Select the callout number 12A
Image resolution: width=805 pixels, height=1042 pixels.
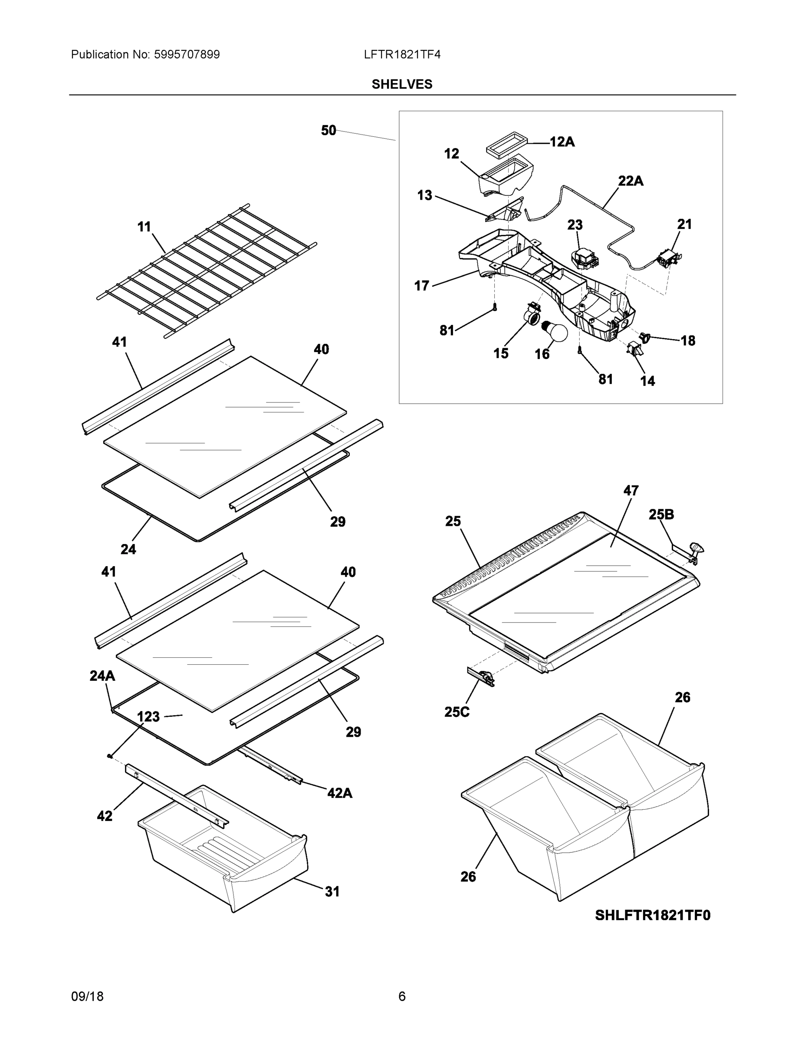[x=562, y=142]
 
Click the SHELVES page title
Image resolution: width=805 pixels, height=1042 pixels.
[x=401, y=85]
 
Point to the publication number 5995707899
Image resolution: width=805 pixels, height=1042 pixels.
[x=187, y=55]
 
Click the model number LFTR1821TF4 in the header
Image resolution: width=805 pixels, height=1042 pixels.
[x=401, y=55]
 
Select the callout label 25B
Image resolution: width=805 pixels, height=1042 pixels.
[x=661, y=514]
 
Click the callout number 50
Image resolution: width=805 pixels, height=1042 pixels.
[x=328, y=130]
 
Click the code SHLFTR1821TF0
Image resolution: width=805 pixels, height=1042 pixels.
[x=652, y=915]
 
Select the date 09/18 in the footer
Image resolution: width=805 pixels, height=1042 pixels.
[x=87, y=997]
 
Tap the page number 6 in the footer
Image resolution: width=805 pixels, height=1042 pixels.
[x=401, y=997]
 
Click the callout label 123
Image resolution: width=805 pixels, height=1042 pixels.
[x=148, y=717]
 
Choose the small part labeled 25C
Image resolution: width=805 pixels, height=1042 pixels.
[x=482, y=676]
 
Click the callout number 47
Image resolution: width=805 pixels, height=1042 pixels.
[x=631, y=491]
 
